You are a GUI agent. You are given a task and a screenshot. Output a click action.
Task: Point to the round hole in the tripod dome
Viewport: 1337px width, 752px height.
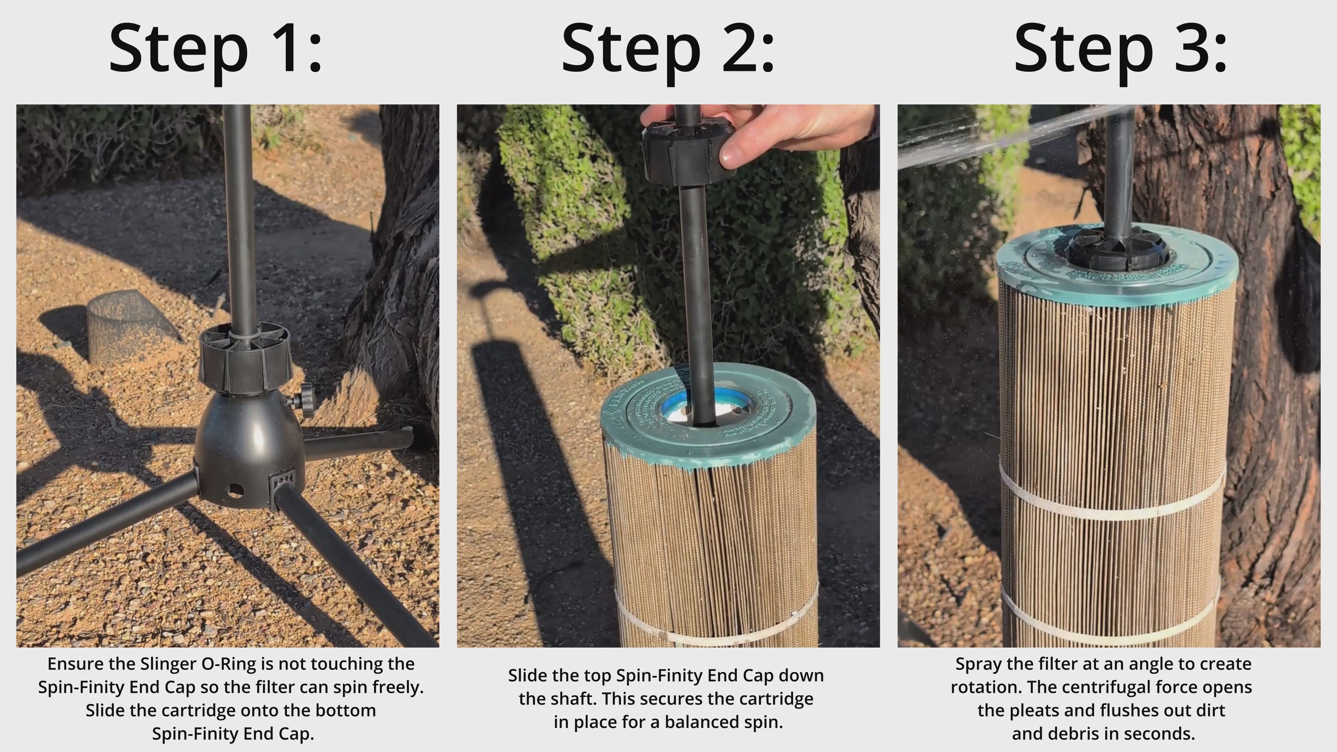pos(235,490)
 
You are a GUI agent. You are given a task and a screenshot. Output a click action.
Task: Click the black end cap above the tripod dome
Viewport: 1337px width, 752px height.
pos(245,358)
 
